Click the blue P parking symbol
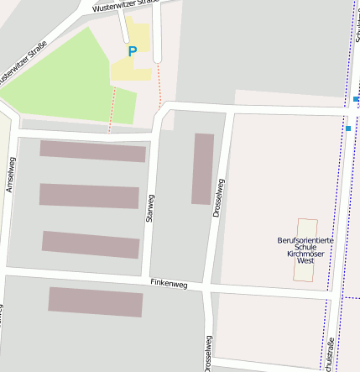point(132,52)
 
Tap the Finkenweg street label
point(169,285)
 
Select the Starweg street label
point(151,210)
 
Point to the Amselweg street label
point(10,175)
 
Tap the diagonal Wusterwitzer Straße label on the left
point(23,63)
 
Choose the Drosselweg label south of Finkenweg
point(208,353)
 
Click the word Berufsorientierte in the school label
point(305,241)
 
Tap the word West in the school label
point(305,261)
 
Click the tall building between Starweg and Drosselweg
point(202,169)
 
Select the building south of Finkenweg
point(95,302)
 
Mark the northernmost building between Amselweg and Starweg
point(92,151)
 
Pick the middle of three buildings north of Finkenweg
point(89,196)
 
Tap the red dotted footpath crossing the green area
point(112,109)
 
